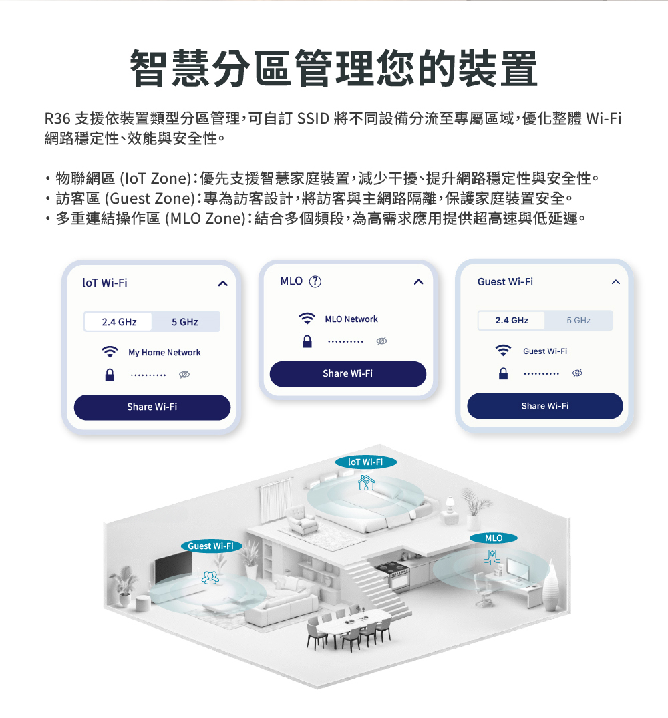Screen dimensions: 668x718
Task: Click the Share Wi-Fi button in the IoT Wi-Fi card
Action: tap(152, 407)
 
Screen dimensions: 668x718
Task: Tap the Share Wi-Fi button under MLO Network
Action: tap(348, 373)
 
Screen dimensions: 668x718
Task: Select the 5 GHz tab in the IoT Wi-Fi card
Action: tap(185, 322)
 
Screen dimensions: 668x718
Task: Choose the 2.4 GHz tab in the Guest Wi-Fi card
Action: tap(512, 320)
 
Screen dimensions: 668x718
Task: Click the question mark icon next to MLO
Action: tap(315, 281)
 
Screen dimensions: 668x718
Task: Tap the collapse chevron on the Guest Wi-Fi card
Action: tap(616, 282)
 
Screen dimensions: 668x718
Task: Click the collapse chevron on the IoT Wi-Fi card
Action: tap(223, 283)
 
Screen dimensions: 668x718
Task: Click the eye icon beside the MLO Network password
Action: tap(381, 341)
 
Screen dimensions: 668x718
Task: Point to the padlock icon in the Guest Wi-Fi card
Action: tap(503, 373)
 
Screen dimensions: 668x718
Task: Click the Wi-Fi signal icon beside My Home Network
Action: tap(110, 352)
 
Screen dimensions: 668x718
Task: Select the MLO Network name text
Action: tap(351, 319)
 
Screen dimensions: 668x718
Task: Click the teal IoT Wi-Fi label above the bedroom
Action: tap(366, 462)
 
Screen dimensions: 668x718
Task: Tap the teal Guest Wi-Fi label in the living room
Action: tap(211, 546)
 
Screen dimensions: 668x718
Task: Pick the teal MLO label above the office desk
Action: tap(494, 538)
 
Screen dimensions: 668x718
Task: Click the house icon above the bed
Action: tap(366, 482)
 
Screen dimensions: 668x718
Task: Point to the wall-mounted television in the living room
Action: tap(173, 567)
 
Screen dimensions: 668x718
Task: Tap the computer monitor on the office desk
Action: tap(518, 568)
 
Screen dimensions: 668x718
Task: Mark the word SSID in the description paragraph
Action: tap(313, 119)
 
